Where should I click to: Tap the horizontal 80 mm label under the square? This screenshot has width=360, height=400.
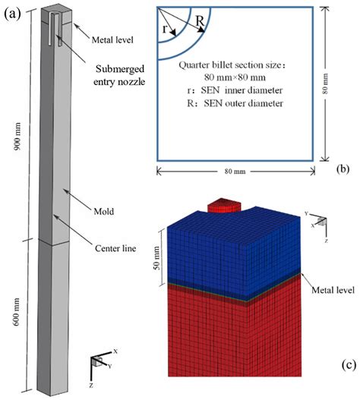tap(233, 177)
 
